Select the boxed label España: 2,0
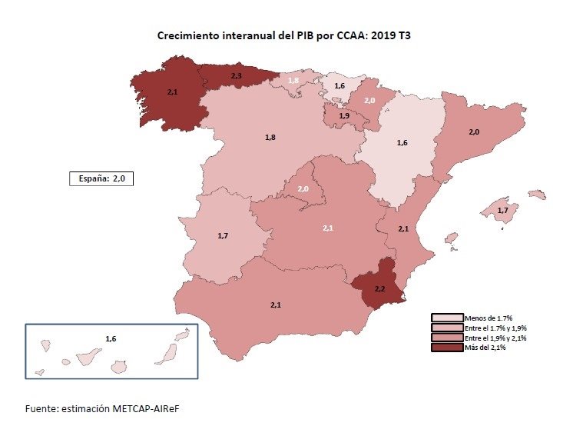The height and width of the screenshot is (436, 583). (102, 178)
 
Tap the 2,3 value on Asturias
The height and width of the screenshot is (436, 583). (237, 75)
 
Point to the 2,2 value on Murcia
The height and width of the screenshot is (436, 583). (379, 288)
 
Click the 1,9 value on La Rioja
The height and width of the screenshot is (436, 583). (344, 115)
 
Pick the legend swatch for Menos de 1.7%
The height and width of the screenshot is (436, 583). (447, 318)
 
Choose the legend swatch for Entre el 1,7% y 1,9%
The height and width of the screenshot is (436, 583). (447, 328)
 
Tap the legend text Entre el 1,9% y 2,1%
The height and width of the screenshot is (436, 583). (495, 338)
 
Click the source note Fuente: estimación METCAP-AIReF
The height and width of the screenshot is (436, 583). (102, 408)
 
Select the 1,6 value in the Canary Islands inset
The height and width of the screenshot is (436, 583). (111, 338)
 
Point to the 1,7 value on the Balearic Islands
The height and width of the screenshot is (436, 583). (503, 210)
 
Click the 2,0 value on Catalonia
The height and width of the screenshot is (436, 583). (474, 132)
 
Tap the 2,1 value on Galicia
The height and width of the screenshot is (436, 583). (172, 92)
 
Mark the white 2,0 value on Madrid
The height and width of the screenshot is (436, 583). (303, 189)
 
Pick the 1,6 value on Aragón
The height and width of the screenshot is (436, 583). (402, 142)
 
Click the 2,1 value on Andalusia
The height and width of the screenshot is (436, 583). (276, 305)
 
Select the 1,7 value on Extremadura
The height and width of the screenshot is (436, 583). (223, 235)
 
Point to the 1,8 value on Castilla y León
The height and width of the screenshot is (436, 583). (270, 137)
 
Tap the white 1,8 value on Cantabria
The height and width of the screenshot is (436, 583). (293, 80)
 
